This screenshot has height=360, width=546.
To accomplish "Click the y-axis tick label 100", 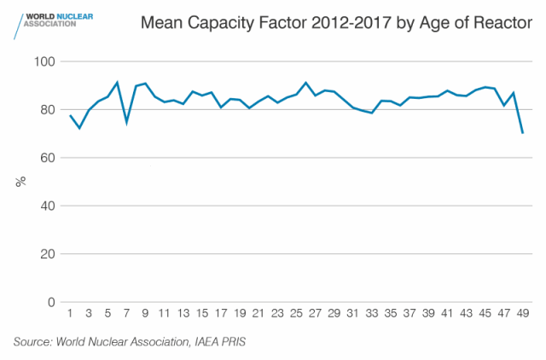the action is [x=44, y=61].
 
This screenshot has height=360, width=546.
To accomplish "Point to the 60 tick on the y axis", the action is [x=48, y=158].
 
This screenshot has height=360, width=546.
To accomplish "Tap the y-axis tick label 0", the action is [x=51, y=302].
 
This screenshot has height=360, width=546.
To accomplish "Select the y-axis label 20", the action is [x=48, y=254].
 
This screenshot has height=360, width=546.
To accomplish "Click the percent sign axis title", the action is [x=20, y=182].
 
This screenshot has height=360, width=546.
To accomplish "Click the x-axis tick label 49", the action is [x=523, y=313].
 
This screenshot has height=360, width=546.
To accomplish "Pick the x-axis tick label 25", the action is [x=296, y=313].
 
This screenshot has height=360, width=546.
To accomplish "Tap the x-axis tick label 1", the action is [x=70, y=313].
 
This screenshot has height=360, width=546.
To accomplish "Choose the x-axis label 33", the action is [x=372, y=313].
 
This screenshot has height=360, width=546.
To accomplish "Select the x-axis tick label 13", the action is [x=183, y=313].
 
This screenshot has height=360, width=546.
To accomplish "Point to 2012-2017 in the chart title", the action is [x=351, y=23].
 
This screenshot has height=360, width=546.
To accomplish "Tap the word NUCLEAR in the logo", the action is [x=74, y=16].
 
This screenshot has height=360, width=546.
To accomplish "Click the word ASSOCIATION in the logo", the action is [x=49, y=24].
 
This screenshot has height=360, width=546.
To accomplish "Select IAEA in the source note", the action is [x=206, y=342].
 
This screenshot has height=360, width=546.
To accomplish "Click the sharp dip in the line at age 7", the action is [x=127, y=122].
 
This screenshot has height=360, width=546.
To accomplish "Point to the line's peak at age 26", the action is [x=305, y=83].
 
